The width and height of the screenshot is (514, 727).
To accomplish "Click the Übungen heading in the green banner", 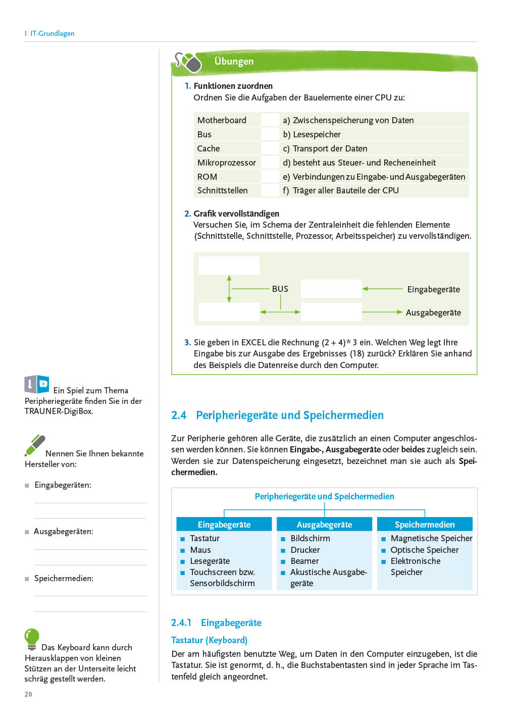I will (x=234, y=62).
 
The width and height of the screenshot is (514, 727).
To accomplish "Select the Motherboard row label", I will (x=222, y=120).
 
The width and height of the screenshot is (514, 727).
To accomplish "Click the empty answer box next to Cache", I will (x=270, y=148).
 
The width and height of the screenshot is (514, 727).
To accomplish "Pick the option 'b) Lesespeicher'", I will (x=312, y=134).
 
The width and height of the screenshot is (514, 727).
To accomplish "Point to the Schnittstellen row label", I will (x=222, y=190).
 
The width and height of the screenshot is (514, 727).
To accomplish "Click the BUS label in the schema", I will (x=280, y=289).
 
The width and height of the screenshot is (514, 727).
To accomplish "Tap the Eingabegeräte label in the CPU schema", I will (x=433, y=289).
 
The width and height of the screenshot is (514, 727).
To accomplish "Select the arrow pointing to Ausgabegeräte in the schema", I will (x=382, y=312).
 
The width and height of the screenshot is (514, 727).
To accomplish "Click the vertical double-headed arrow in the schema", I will (x=229, y=289).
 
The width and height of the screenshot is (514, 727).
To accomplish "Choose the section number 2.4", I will (x=179, y=416).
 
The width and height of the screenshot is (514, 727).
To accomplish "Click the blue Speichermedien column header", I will (x=425, y=525).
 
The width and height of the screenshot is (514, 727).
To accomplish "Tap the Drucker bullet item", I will (x=305, y=550).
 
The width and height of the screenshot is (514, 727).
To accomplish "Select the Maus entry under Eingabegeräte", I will (x=200, y=550).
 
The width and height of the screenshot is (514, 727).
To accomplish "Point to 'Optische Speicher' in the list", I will (x=424, y=550).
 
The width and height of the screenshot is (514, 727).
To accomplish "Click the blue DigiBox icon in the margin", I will (x=37, y=385).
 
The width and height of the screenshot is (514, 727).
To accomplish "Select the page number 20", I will (x=28, y=694).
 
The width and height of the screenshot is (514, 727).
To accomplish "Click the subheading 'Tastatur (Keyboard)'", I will (x=209, y=640).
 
